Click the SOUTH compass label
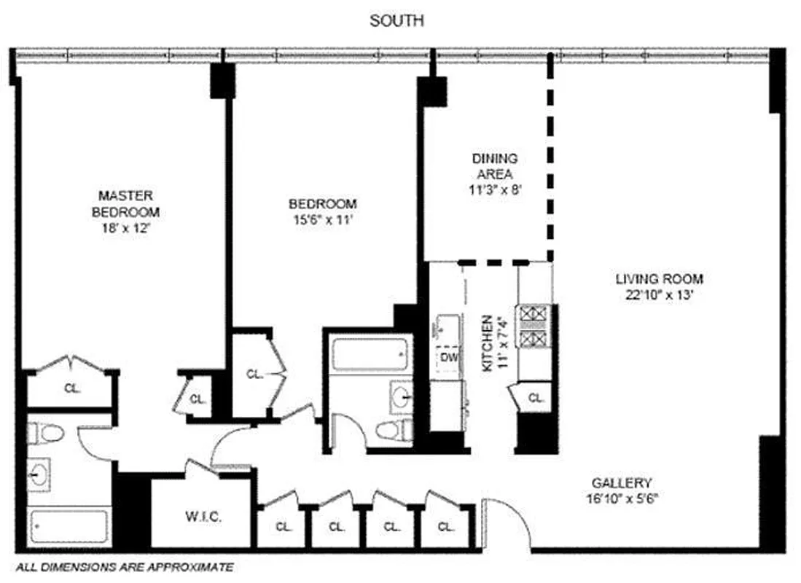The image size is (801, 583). (x=396, y=21)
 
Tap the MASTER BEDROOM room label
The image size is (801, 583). (x=125, y=204)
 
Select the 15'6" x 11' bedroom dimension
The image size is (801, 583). (x=322, y=218)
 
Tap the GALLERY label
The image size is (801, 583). (x=621, y=483)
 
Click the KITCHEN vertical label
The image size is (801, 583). (x=488, y=343)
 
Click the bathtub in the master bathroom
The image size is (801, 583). (x=70, y=525)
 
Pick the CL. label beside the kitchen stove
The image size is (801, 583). (x=536, y=398)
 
